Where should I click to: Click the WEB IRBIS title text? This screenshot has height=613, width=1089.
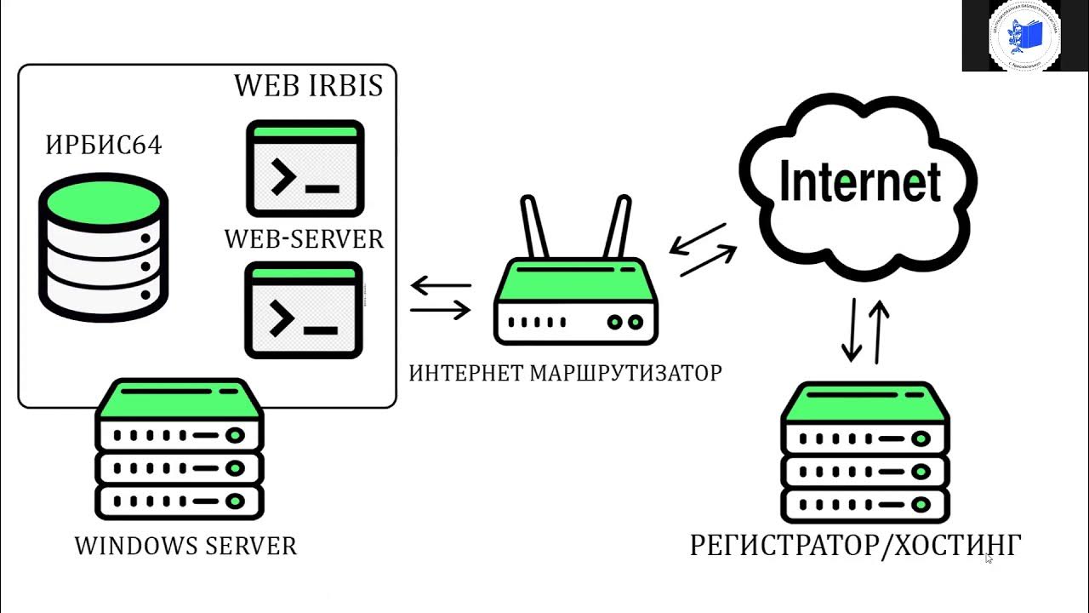coord(308,85)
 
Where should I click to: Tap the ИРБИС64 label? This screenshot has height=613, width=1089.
coord(103,146)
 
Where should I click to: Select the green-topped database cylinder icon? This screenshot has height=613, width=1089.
coord(103,247)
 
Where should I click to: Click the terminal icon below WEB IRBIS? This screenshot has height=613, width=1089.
coord(305,169)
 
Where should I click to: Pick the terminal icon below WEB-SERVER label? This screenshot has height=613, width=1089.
coord(304,309)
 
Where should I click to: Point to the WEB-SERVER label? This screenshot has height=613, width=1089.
coord(304,239)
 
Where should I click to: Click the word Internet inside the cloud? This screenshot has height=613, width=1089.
coord(860,182)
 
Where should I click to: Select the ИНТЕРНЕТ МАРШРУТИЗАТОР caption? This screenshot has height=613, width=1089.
coord(565,373)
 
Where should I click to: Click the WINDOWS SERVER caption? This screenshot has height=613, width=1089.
coord(185,546)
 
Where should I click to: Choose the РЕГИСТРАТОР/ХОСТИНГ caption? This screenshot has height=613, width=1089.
coord(855,546)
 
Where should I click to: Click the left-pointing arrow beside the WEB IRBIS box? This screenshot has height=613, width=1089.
coord(440,287)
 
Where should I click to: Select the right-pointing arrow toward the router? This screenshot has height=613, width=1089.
coord(440,310)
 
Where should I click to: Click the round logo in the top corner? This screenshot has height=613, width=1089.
coord(1025,35)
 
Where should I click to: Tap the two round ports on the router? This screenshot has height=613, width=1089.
coord(625,323)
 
